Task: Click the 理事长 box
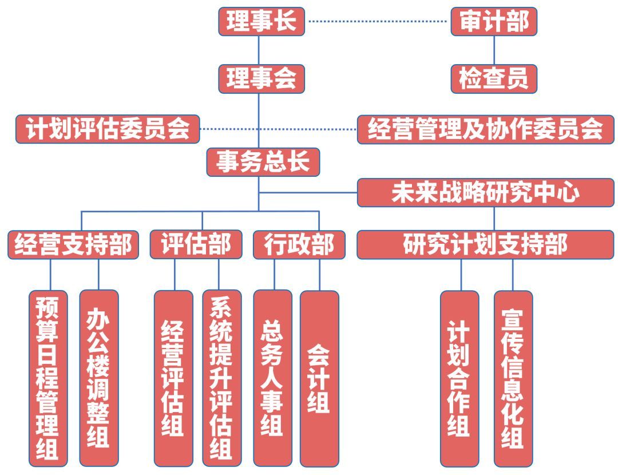[x=261, y=22]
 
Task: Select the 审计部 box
[x=494, y=22]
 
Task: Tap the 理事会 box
[x=261, y=78]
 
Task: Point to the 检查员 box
[x=494, y=78]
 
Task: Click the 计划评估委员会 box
[x=108, y=129]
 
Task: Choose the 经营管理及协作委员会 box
[x=485, y=129]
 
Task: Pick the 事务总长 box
[x=263, y=163]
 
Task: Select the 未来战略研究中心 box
[x=485, y=192]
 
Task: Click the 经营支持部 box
[x=73, y=245]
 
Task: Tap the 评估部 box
[x=196, y=244]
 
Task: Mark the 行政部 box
[x=299, y=245]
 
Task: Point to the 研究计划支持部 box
[x=485, y=244]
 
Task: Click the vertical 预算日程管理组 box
[x=48, y=378]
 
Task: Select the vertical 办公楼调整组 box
[x=98, y=378]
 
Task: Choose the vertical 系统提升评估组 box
[x=221, y=378]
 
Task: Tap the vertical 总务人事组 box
[x=272, y=378]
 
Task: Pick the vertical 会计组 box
[x=319, y=378]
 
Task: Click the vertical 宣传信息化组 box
[x=513, y=378]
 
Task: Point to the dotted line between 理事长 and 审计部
[x=378, y=22]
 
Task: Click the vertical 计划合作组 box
[x=459, y=378]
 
